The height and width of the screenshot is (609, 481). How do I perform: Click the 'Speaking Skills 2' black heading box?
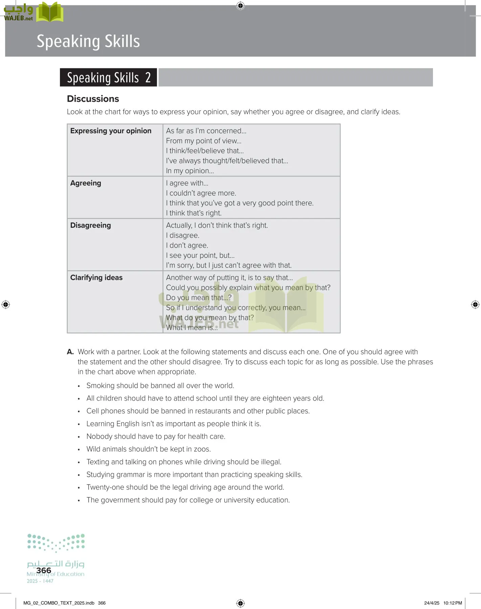point(108,77)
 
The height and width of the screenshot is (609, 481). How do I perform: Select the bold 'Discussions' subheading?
point(93,99)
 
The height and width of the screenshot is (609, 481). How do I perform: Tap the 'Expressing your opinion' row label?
point(111,131)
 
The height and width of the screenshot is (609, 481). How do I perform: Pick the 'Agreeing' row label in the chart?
point(86,183)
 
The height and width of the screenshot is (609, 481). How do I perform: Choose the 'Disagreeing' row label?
point(90,225)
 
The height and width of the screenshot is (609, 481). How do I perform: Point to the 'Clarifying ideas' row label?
point(96,277)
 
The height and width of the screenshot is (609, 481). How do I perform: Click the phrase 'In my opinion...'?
point(190,171)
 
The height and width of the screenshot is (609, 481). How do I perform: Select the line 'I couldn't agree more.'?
point(201,193)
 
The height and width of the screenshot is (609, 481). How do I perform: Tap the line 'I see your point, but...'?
point(200,255)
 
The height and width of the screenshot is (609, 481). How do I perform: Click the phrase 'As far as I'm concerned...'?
point(206,131)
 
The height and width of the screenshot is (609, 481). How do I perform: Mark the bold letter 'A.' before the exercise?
point(70,352)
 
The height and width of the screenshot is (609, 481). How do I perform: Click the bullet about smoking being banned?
point(160,386)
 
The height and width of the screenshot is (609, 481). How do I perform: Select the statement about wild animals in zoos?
point(149,449)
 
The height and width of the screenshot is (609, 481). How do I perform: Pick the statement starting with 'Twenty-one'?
point(185,487)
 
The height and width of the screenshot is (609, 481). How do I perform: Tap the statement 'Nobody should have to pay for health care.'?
point(156,436)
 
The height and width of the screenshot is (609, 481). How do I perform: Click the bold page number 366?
point(44,570)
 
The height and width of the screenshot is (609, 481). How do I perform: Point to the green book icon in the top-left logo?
point(50,13)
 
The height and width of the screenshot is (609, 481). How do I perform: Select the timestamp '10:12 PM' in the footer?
point(453,603)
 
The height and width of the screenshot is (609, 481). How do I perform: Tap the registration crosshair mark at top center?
point(240,6)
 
